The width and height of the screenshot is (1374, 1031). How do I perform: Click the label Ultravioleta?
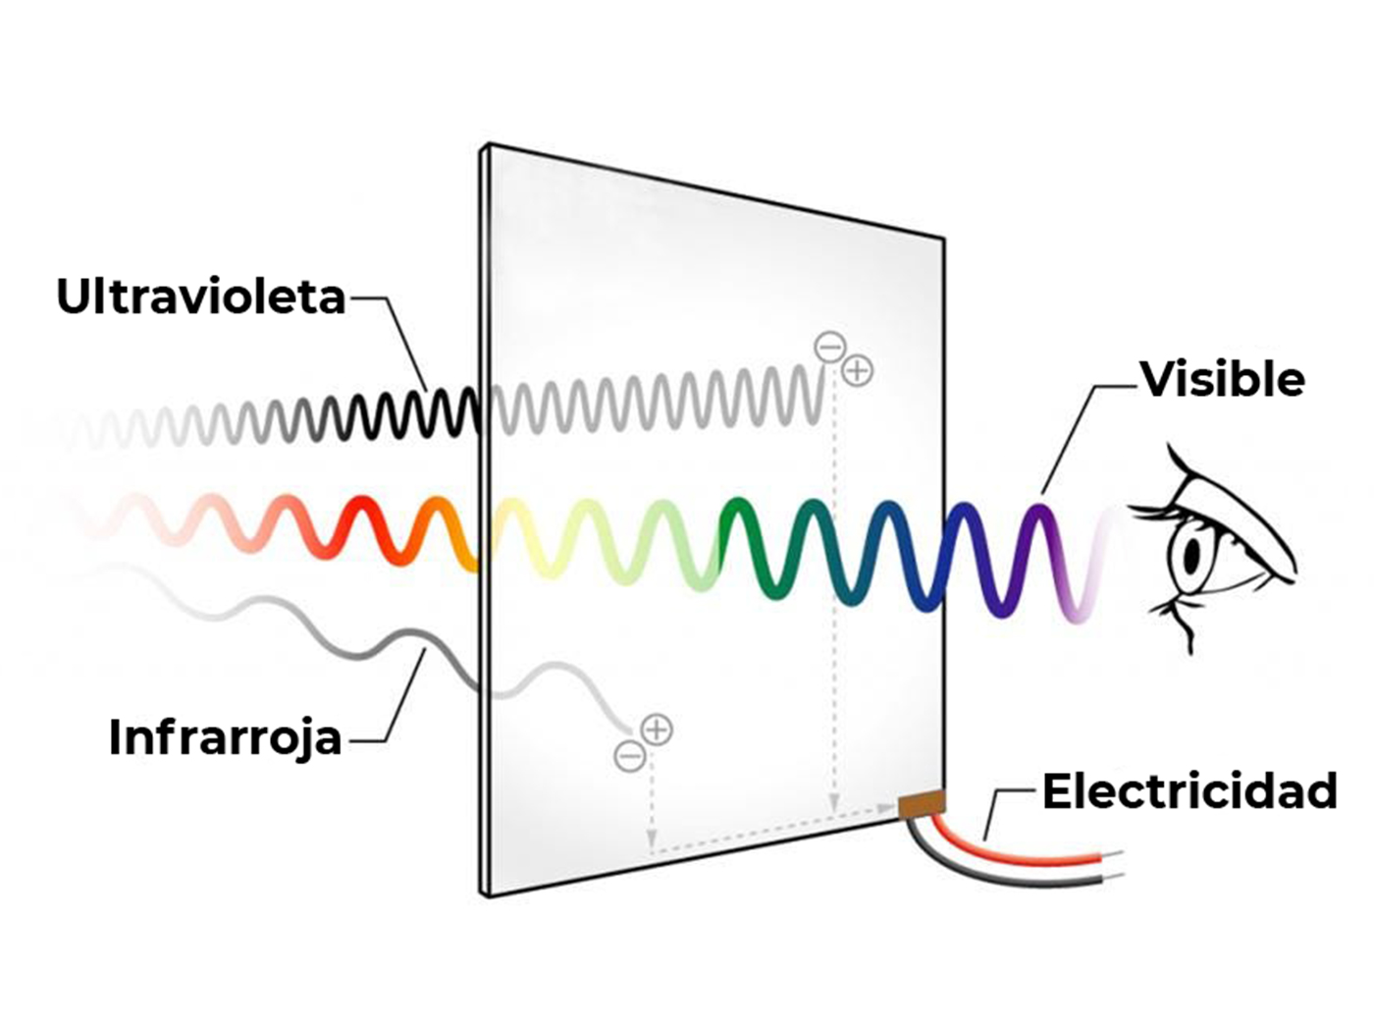point(201,297)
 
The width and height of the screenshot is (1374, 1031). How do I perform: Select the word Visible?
point(1222,380)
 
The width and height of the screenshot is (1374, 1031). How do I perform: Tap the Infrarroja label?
point(225,737)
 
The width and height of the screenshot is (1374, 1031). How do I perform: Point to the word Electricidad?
point(1189,791)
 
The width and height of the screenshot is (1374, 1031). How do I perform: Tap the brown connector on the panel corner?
point(922,804)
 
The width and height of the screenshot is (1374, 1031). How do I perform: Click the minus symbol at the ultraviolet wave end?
point(829,347)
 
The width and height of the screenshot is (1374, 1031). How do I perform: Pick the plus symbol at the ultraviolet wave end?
point(858,370)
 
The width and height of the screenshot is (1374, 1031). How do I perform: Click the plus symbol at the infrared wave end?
point(657,730)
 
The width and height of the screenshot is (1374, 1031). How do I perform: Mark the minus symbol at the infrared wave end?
point(629,756)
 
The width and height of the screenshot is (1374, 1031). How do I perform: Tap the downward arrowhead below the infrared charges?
point(651,840)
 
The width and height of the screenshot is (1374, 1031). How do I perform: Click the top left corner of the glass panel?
point(486,146)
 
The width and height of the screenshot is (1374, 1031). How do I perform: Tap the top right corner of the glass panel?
point(943,239)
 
